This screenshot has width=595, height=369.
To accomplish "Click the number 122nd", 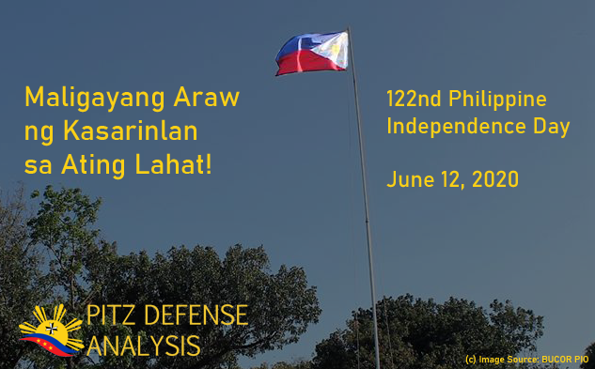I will (414, 99).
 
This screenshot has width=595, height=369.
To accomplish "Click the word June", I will (408, 178).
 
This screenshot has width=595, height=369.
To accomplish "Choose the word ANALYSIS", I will (143, 346).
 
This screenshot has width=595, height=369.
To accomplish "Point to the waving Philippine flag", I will (312, 53).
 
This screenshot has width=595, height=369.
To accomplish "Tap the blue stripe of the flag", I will (299, 43).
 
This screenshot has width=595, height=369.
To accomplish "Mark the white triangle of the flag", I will (337, 47).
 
